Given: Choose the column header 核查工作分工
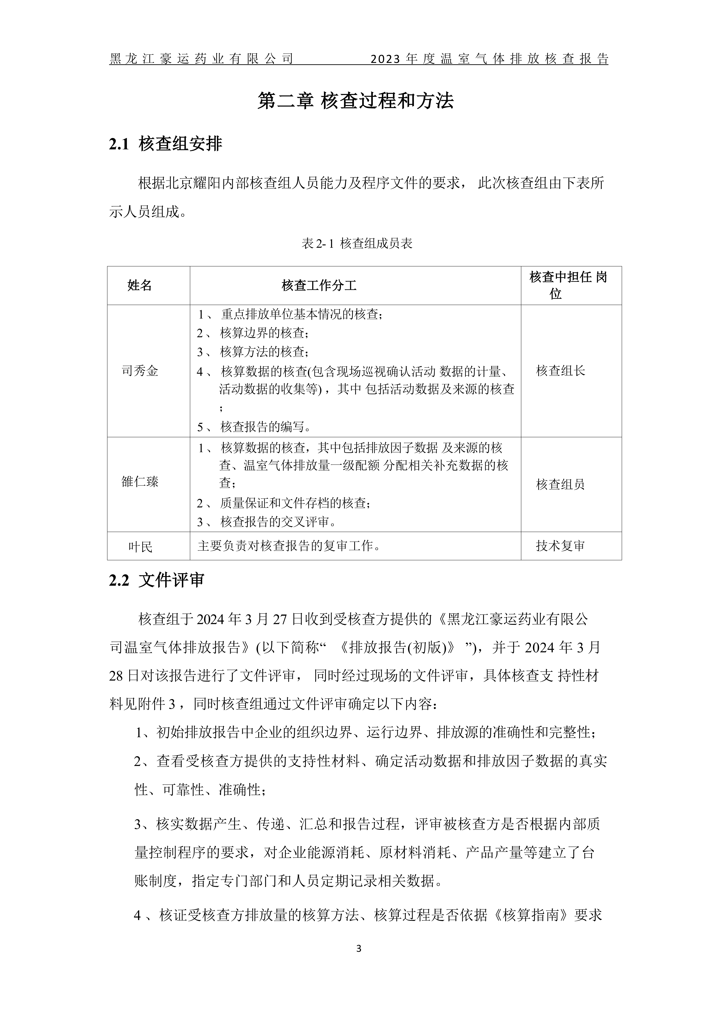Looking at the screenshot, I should pos(319,285).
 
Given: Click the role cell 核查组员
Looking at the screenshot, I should pos(560,484).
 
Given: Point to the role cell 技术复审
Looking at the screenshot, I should pos(560,546).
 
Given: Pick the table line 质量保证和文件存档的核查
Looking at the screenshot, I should pos(295,503).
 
